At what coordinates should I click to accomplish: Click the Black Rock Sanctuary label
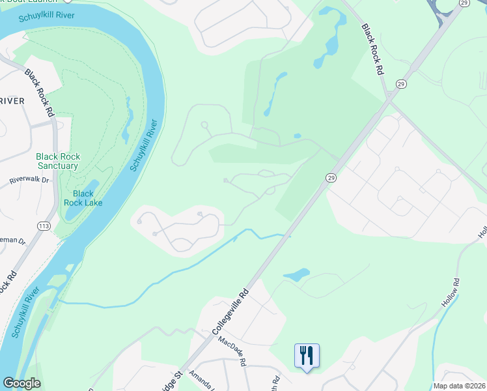(x=57, y=161)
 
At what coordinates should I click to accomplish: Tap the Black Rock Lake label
(x=83, y=198)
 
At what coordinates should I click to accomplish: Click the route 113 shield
(x=44, y=226)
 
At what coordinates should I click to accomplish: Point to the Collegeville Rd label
(x=231, y=312)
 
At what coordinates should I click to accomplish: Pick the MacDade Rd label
(x=232, y=351)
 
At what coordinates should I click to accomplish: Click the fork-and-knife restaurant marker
(x=307, y=356)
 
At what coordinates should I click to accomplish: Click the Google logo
(x=21, y=383)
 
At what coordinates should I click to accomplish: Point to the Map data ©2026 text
(x=458, y=385)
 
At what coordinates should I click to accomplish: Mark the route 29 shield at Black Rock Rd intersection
(x=401, y=84)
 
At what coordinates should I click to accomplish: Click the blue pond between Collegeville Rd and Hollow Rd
(x=296, y=275)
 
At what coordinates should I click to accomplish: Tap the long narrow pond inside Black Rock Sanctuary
(x=127, y=121)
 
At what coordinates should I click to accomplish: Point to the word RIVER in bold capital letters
(x=12, y=100)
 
